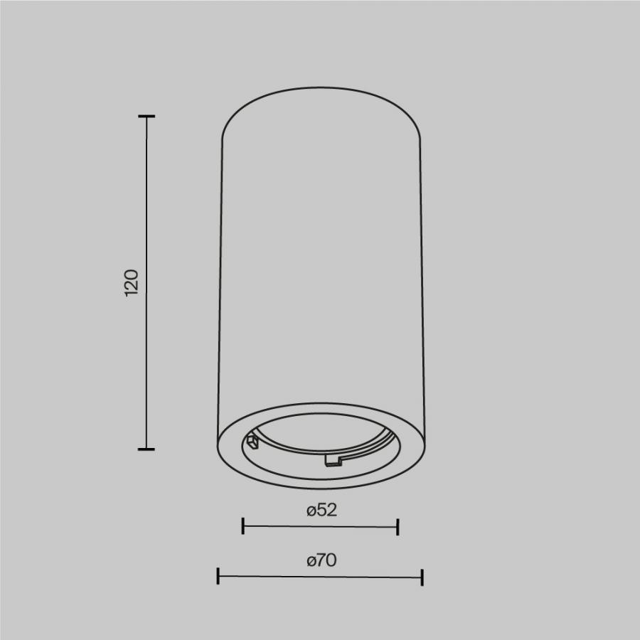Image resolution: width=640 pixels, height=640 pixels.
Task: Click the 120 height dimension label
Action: [x=132, y=282]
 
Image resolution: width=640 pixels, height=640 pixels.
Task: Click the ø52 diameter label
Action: [x=321, y=510]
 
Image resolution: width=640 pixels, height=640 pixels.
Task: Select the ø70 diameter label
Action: [x=321, y=560]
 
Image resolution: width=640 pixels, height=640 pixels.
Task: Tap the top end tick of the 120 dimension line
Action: [x=146, y=117]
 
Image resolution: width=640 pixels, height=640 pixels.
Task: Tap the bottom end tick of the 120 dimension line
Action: [x=146, y=449]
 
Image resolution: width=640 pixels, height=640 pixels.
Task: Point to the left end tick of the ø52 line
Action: [x=243, y=526]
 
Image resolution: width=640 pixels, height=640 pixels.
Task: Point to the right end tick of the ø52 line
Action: [x=398, y=527]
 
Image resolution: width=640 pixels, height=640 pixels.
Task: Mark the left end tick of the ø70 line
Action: [x=218, y=575]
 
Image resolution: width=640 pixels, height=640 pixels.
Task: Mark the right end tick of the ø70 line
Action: [x=422, y=577]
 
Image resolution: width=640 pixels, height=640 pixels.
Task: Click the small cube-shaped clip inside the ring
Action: [x=252, y=442]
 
